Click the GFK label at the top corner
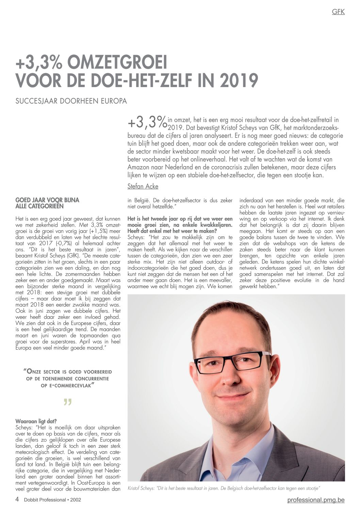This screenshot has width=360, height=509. point(338,12)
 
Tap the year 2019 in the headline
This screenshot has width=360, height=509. point(239,80)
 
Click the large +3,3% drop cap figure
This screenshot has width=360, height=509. point(147,123)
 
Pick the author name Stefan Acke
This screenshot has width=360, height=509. point(143,186)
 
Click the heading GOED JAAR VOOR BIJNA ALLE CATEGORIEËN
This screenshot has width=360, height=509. point(47,203)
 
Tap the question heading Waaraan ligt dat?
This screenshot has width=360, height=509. point(36,421)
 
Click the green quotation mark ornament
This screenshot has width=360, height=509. point(68,402)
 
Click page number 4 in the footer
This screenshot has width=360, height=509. point(17,499)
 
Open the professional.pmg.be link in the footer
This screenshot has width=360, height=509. point(316,500)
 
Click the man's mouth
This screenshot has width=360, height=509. point(233,398)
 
